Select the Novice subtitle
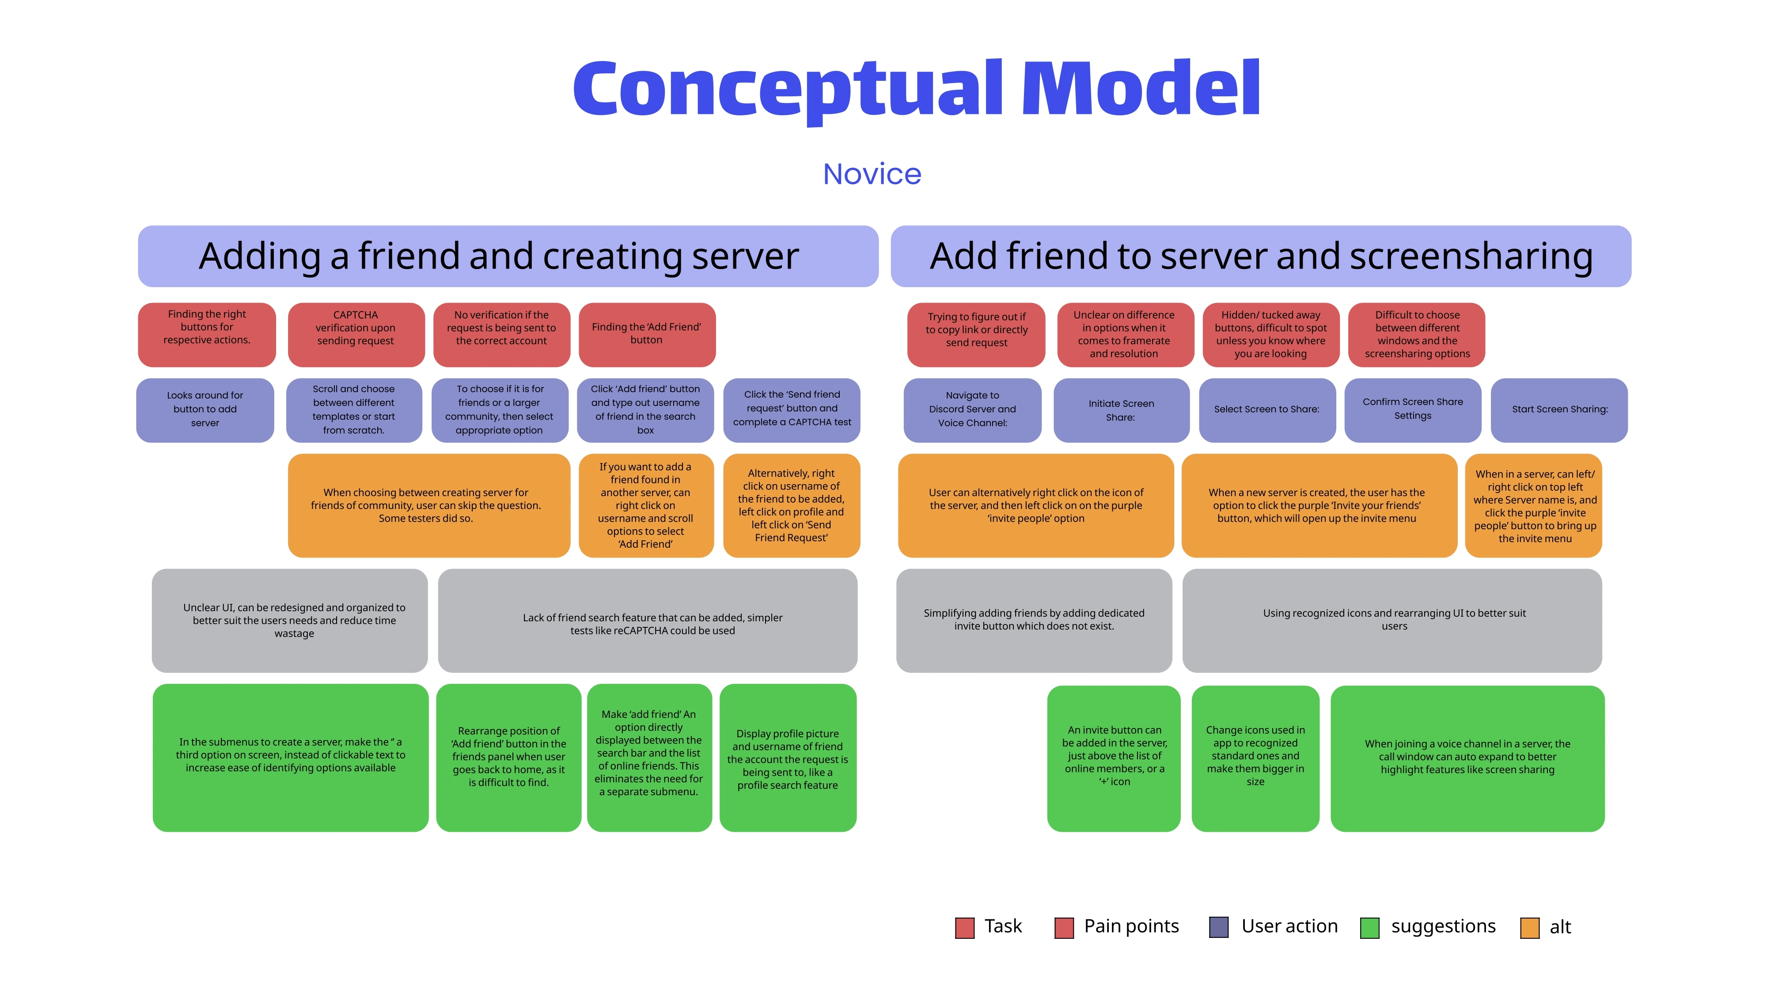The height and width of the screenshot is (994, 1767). pyautogui.click(x=872, y=174)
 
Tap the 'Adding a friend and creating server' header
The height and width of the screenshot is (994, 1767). pyautogui.click(x=508, y=256)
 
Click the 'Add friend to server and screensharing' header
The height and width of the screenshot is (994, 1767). pyautogui.click(x=1261, y=256)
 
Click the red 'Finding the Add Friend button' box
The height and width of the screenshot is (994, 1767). pyautogui.click(x=647, y=334)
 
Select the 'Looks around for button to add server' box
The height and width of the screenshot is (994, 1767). pyautogui.click(x=205, y=410)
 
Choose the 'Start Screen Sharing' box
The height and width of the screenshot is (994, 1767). pyautogui.click(x=1559, y=410)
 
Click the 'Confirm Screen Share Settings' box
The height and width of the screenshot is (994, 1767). pyautogui.click(x=1412, y=410)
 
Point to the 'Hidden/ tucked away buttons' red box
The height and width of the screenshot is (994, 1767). pyautogui.click(x=1270, y=334)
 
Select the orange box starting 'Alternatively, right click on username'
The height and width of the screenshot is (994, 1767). pyautogui.click(x=791, y=505)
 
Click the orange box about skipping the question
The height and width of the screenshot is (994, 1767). pyautogui.click(x=428, y=505)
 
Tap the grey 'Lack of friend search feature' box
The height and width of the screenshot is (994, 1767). pyautogui.click(x=648, y=621)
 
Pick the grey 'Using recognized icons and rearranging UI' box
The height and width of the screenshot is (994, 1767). pyautogui.click(x=1392, y=620)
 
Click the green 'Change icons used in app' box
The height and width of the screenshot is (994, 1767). pyautogui.click(x=1255, y=758)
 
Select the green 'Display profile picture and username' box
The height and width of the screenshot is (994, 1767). pyautogui.click(x=788, y=758)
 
